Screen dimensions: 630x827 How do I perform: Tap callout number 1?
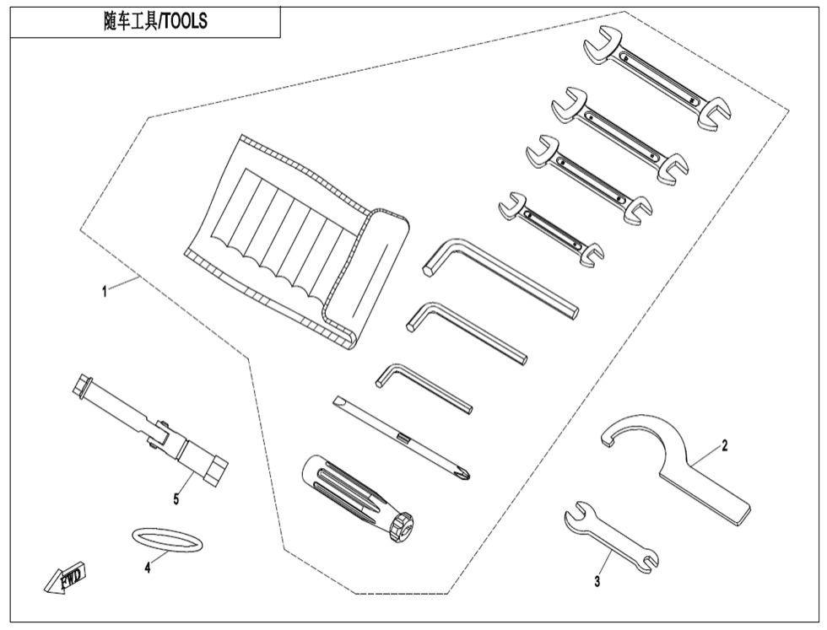tap(104, 291)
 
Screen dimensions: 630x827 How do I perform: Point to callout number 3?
tap(597, 581)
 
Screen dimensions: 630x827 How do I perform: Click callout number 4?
tap(147, 568)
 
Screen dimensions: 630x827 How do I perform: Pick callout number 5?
tap(176, 499)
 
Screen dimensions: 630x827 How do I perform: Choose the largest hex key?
tap(498, 278)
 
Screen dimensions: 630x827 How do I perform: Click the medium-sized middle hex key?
tap(464, 331)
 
